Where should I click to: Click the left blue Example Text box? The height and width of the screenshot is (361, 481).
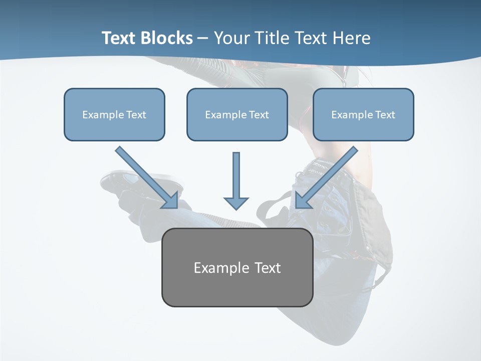pyautogui.click(x=114, y=114)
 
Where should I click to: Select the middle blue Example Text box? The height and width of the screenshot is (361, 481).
pyautogui.click(x=237, y=114)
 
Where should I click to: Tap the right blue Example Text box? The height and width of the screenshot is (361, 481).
pyautogui.click(x=363, y=114)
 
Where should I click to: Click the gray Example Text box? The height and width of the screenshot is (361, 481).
pyautogui.click(x=237, y=267)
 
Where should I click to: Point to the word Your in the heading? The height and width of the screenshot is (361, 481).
pyautogui.click(x=231, y=38)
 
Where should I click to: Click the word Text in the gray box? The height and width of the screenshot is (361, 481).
pyautogui.click(x=267, y=268)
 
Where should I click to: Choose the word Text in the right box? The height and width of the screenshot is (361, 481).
pyautogui.click(x=385, y=115)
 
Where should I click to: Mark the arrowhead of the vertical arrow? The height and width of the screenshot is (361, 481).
pyautogui.click(x=236, y=203)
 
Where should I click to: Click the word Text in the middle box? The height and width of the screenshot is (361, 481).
pyautogui.click(x=259, y=115)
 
